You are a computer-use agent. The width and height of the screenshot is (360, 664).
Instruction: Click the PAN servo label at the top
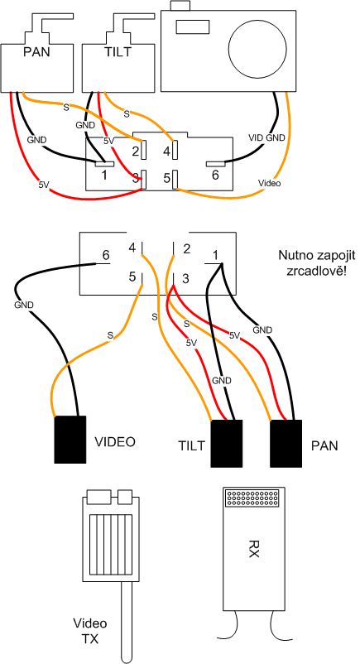click(37, 53)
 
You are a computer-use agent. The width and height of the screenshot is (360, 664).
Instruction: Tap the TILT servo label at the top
click(118, 52)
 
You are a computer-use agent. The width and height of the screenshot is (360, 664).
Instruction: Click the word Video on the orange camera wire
click(268, 183)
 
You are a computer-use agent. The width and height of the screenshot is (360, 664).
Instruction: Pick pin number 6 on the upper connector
click(215, 176)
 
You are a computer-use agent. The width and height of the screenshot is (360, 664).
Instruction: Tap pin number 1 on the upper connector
click(103, 175)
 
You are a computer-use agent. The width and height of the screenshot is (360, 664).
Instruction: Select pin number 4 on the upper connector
click(166, 151)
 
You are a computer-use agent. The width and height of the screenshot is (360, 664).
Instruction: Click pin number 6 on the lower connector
click(106, 255)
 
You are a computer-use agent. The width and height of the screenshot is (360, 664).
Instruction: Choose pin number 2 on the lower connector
click(186, 249)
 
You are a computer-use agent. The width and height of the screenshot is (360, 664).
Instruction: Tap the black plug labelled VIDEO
click(70, 440)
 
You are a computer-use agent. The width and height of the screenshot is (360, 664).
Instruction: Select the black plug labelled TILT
click(227, 444)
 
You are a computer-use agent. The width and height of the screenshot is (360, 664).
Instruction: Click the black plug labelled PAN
click(286, 444)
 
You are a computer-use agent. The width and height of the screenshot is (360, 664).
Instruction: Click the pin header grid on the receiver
click(253, 498)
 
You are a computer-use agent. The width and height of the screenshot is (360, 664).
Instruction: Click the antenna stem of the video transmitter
click(127, 621)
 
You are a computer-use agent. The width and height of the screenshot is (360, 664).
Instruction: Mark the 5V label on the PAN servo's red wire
click(44, 185)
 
